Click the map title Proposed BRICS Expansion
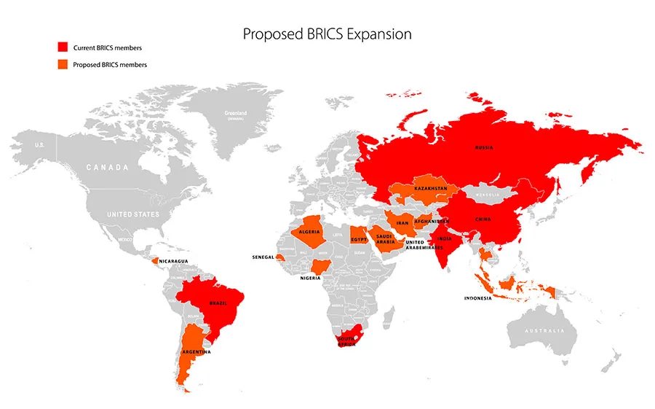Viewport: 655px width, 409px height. [327, 34]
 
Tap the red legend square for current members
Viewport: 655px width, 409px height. [63, 47]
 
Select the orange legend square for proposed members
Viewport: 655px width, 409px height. [63, 65]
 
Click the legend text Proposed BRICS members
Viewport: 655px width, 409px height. [110, 65]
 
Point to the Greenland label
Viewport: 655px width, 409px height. [235, 113]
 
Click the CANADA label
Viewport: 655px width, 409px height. [108, 168]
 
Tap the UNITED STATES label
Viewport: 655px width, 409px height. [132, 215]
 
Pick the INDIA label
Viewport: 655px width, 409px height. [445, 238]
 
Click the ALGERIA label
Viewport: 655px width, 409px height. [311, 233]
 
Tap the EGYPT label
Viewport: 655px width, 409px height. [358, 239]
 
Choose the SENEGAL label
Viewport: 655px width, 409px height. [263, 257]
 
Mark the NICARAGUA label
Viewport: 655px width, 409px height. [175, 261]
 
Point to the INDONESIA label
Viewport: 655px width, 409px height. [478, 298]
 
